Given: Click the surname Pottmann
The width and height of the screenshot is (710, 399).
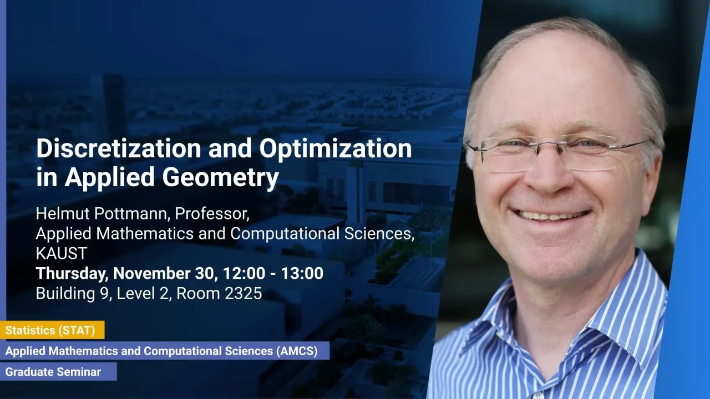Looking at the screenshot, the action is [130, 214].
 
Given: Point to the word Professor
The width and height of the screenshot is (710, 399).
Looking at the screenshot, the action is [212, 214].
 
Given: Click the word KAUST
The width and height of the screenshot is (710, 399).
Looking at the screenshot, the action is [62, 253].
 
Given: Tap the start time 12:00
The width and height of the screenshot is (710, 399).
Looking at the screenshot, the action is [244, 273].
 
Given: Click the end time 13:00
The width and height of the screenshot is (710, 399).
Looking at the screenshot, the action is [302, 273].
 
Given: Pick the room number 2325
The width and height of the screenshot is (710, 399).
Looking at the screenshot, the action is [243, 293].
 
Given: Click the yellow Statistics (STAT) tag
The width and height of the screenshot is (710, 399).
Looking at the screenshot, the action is [52, 330].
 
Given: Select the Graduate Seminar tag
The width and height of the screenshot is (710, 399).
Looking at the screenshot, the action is [58, 371].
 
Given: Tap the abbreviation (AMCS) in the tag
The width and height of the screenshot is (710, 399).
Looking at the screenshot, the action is [297, 351].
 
